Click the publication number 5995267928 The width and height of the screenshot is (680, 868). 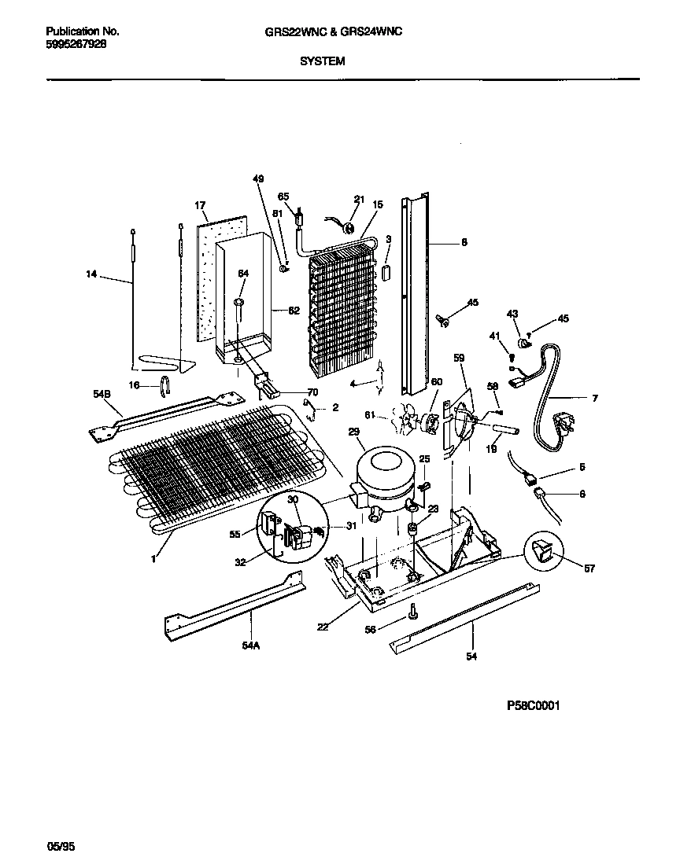tap(76, 45)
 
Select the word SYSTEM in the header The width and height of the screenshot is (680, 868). tap(323, 61)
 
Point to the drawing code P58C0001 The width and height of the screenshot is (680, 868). tap(533, 705)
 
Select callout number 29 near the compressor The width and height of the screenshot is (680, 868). tap(353, 433)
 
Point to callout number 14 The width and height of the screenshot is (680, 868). tap(92, 274)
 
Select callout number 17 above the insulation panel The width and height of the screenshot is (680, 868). tap(200, 206)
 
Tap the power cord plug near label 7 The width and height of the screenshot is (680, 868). tap(563, 428)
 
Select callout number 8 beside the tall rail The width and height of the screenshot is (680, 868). tap(464, 243)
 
